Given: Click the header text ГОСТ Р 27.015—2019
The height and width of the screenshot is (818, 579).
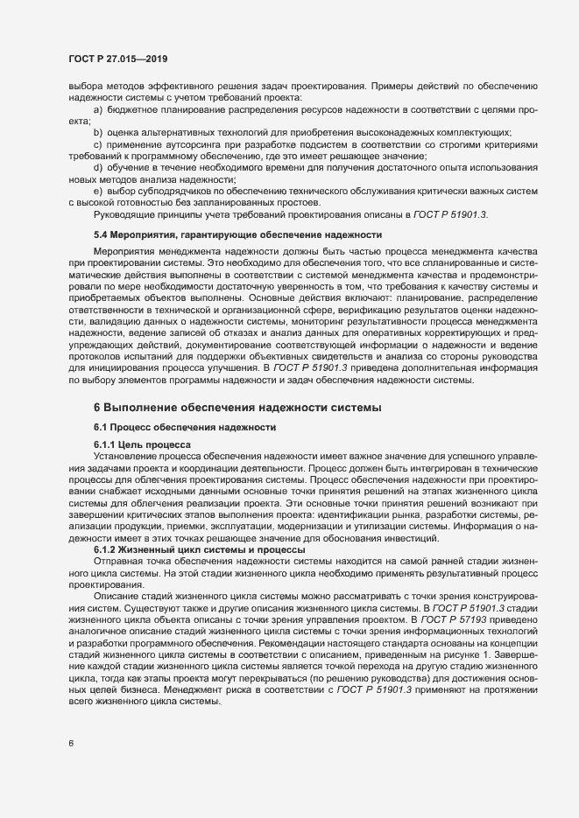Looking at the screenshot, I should (x=117, y=59).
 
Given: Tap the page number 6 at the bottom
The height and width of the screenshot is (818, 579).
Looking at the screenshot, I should (x=72, y=744).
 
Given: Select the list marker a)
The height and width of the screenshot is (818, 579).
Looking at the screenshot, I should (x=98, y=109).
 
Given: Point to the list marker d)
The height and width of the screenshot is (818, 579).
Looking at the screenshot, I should (x=98, y=167).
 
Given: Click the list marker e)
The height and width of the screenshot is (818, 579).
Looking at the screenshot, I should (x=98, y=190).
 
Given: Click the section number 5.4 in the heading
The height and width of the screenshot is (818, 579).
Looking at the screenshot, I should (x=102, y=234).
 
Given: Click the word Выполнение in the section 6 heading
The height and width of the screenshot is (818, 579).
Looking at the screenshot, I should (x=144, y=408).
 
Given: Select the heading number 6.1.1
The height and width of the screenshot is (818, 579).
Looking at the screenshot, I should (x=105, y=444).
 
